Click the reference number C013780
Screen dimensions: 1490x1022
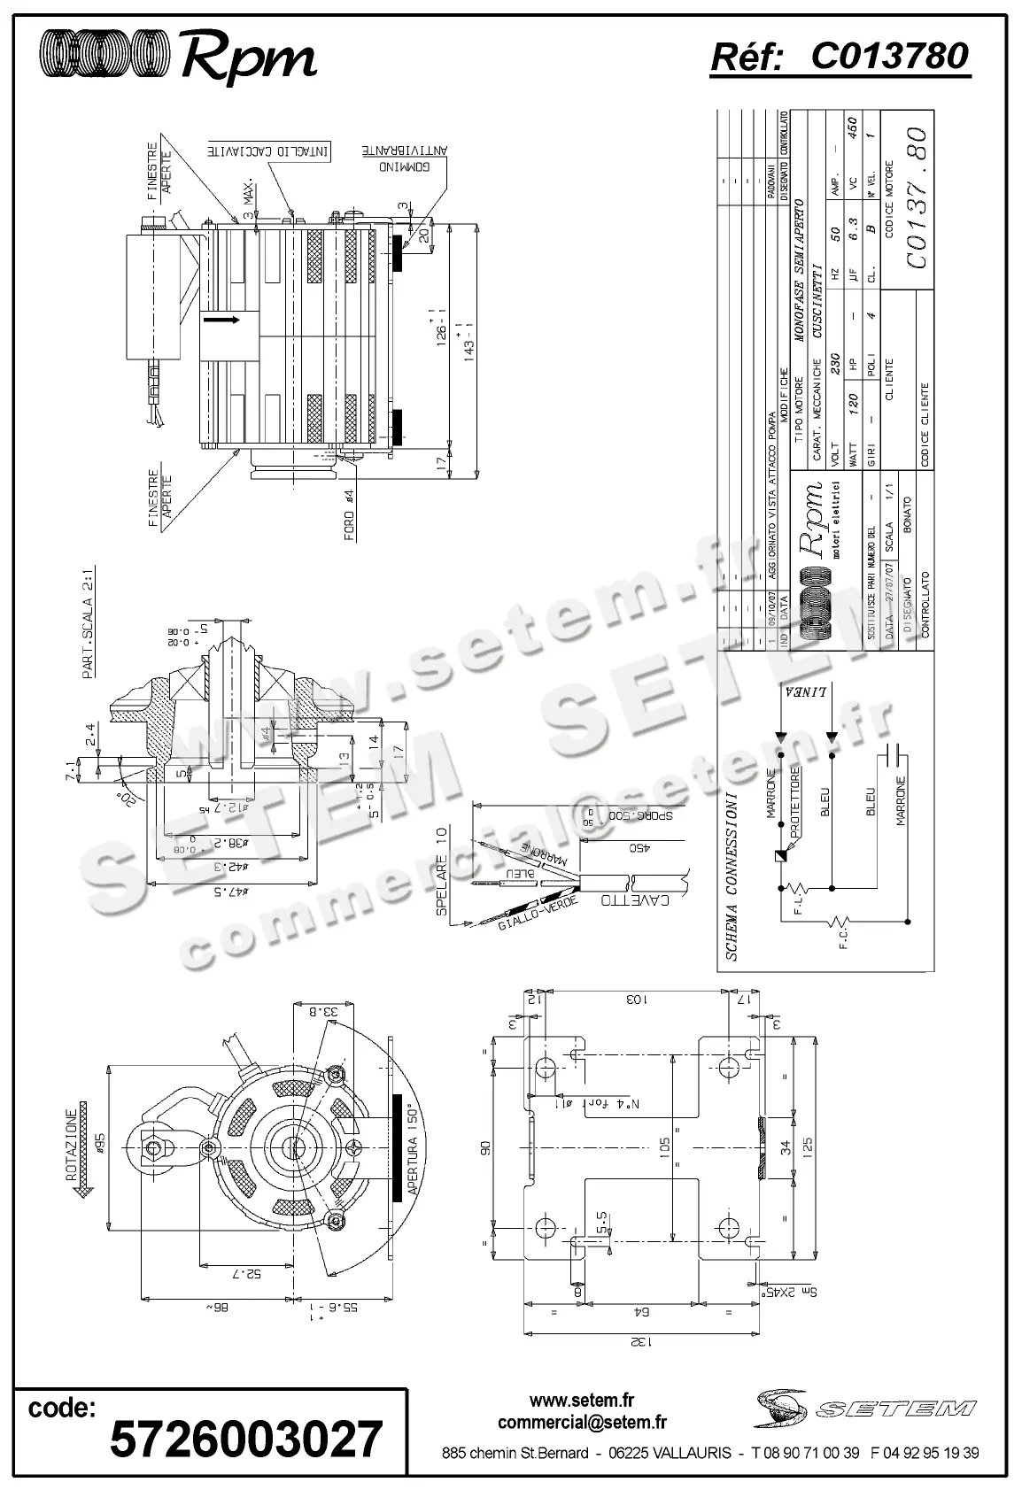click(x=889, y=57)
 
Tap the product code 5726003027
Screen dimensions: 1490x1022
click(x=245, y=1439)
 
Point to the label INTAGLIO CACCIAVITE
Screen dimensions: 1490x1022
click(x=268, y=151)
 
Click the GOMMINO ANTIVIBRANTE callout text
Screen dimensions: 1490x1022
click(x=404, y=158)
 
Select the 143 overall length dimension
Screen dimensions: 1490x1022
click(x=468, y=341)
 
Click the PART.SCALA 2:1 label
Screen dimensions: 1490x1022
click(x=89, y=624)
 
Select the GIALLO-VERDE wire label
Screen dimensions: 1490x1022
click(x=539, y=913)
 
